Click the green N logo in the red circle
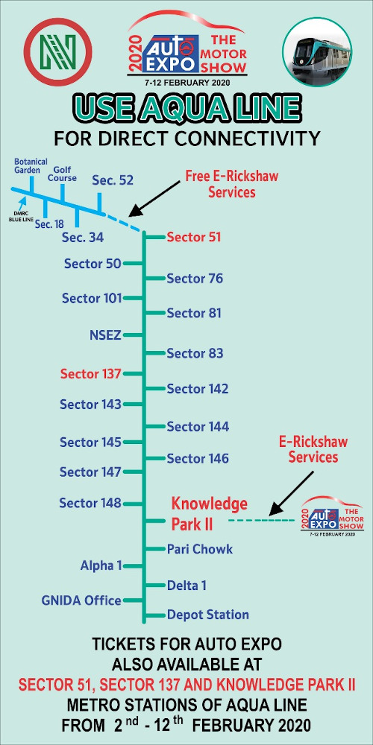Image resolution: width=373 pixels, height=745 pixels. pyautogui.click(x=57, y=52)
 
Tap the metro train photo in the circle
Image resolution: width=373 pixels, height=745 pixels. pyautogui.click(x=317, y=52)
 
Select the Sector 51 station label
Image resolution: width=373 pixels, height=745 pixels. pyautogui.click(x=194, y=237)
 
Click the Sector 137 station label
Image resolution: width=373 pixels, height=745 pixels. pyautogui.click(x=91, y=374)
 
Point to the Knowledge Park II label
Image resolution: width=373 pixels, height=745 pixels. pyautogui.click(x=210, y=513)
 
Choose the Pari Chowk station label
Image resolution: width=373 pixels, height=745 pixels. pyautogui.click(x=200, y=549)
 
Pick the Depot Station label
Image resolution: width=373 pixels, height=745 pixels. pyautogui.click(x=208, y=615)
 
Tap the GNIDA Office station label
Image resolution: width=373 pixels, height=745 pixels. pyautogui.click(x=81, y=600)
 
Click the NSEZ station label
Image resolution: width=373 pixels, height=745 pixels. pyautogui.click(x=106, y=335)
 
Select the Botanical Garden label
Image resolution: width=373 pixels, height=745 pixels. pyautogui.click(x=31, y=166)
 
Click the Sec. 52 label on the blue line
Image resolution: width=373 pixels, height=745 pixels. pyautogui.click(x=113, y=180)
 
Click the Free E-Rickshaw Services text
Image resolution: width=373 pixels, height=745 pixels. pyautogui.click(x=232, y=184)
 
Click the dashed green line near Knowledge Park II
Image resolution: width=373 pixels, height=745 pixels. pyautogui.click(x=261, y=521)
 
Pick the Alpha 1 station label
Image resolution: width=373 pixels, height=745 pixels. pyautogui.click(x=101, y=566)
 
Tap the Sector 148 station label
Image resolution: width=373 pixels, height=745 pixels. pyautogui.click(x=90, y=503)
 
